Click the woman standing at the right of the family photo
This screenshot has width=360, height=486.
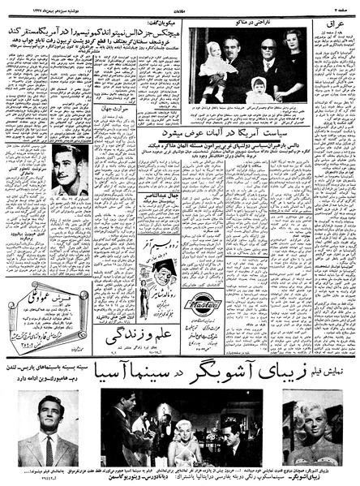pos(291,61)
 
